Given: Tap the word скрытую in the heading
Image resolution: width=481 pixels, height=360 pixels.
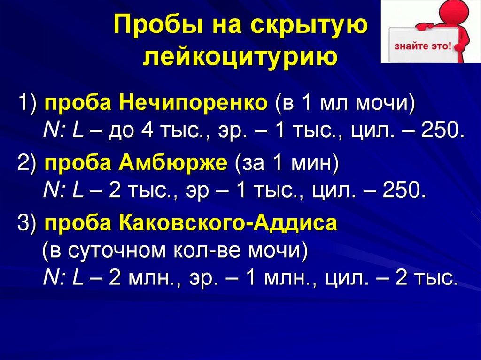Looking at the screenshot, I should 312,27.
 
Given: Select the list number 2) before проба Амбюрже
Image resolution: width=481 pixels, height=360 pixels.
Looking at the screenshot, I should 29,164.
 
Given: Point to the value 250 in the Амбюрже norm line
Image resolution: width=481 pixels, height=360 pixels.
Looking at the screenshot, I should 404,191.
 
